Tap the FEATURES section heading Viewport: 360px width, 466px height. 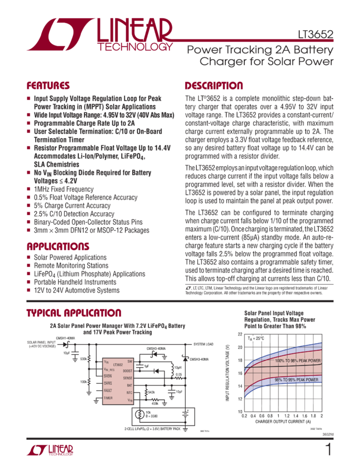point(48,86)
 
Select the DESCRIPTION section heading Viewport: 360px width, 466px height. point(213,86)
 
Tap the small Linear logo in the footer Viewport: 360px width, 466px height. point(50,451)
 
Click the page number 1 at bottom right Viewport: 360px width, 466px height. point(328,450)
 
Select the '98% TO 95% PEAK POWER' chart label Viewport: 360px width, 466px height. point(296,379)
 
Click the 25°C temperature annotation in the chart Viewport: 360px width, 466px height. point(257,339)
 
